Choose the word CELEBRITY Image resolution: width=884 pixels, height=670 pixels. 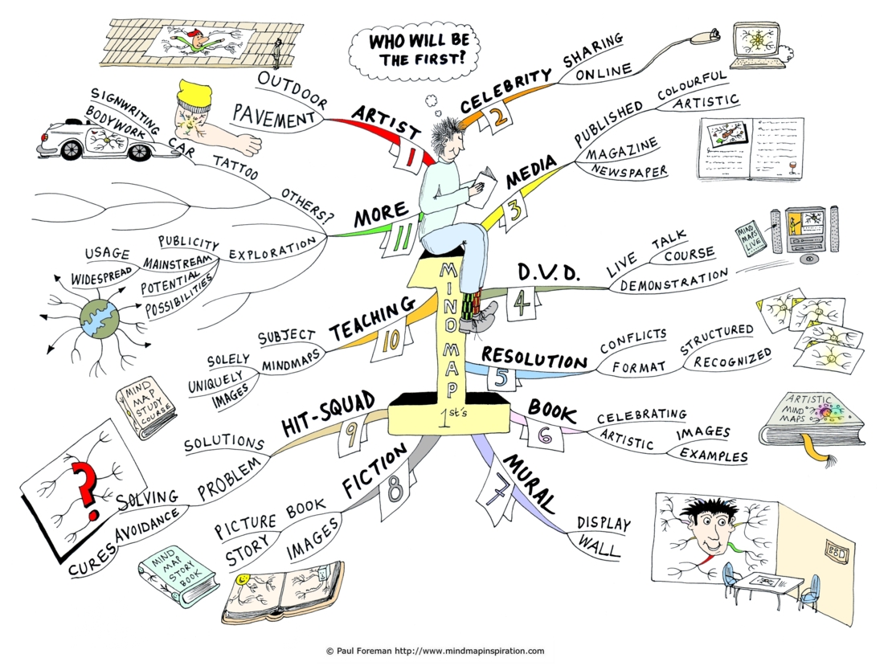pyautogui.click(x=505, y=90)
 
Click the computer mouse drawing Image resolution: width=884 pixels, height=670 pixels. pyautogui.click(x=706, y=36)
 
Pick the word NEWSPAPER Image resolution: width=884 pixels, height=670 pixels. pyautogui.click(x=629, y=171)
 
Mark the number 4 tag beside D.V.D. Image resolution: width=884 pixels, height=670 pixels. pyautogui.click(x=523, y=303)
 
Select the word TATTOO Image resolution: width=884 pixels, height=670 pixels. pyautogui.click(x=235, y=167)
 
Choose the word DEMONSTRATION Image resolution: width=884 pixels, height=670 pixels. pyautogui.click(x=674, y=280)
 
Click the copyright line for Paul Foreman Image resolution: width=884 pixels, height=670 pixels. pyautogui.click(x=436, y=651)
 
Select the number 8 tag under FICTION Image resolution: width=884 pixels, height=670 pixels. pyautogui.click(x=395, y=488)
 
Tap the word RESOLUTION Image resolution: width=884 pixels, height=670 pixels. pyautogui.click(x=534, y=357)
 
